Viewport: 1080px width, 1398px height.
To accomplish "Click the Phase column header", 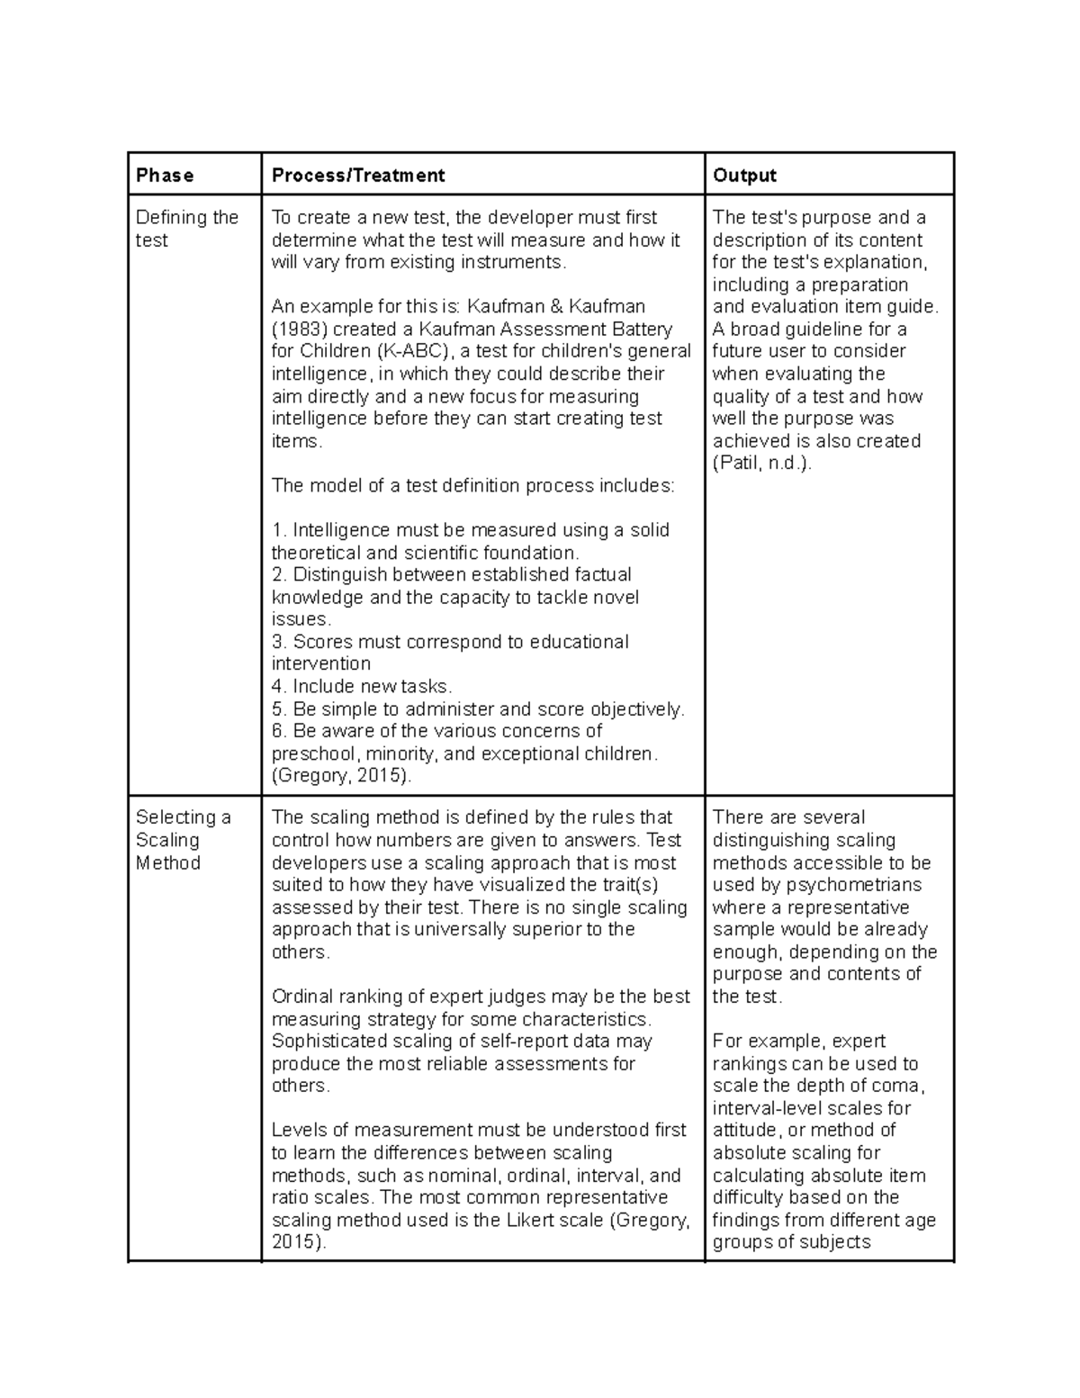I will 165,176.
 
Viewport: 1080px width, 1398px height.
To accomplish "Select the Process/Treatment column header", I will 358,176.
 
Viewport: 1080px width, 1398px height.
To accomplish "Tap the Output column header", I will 744,176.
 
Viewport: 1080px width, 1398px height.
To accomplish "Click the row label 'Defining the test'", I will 186,229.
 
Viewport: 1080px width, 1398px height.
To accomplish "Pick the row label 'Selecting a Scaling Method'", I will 183,840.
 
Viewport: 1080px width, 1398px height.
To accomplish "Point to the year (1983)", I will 299,329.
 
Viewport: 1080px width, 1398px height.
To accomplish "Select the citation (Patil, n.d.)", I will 761,464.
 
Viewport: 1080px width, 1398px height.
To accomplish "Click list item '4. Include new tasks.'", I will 362,687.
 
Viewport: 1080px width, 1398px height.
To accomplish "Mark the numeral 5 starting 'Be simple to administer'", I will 276,709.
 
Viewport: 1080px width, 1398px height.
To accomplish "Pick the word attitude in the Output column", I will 746,1131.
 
